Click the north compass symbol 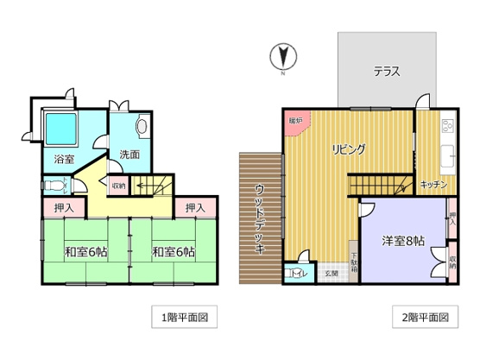pos(281,59)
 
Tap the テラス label pos(386,72)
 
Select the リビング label pos(349,148)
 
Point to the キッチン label pos(433,185)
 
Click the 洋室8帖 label pos(402,240)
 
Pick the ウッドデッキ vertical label pos(260,218)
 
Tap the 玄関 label pos(331,274)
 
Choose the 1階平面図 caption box pos(180,317)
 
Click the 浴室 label pos(64,160)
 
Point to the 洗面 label pos(130,155)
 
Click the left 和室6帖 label pos(85,252)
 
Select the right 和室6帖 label pos(173,252)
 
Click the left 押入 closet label pos(63,208)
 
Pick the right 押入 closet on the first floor pos(194,208)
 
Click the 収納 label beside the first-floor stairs pos(118,185)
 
